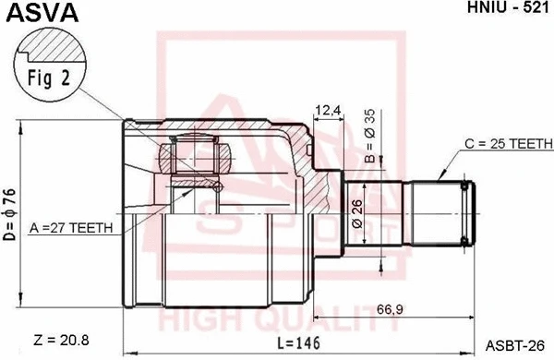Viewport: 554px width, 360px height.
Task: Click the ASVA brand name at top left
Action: (42, 12)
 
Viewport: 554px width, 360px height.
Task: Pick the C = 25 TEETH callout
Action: (509, 144)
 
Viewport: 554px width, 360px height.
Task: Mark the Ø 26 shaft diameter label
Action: (355, 216)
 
